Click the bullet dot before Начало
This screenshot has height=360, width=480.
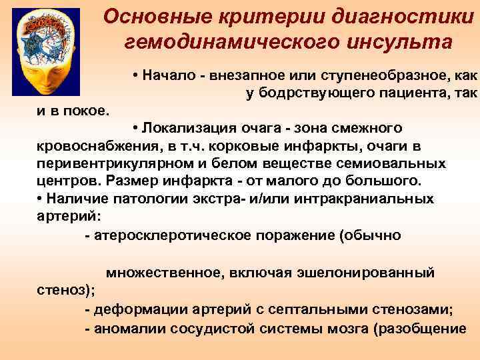pyautogui.click(x=135, y=75)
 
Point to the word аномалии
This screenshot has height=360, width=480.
pyautogui.click(x=129, y=329)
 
